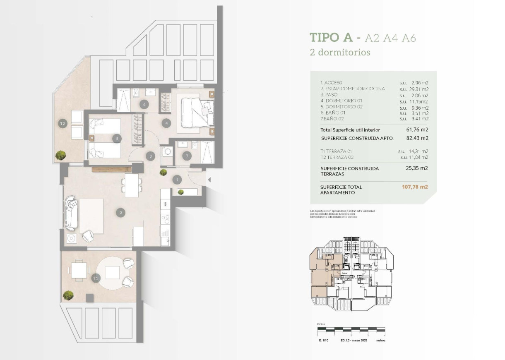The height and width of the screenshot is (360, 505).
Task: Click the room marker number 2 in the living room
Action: click(x=120, y=213)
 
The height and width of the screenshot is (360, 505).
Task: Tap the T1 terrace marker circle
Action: click(x=96, y=278)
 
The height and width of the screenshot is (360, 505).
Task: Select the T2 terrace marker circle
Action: click(x=63, y=123)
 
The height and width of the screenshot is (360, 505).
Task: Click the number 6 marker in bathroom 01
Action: click(x=144, y=104)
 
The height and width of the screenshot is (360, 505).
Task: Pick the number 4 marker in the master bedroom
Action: click(x=166, y=123)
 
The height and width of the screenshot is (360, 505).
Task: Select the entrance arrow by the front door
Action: click(x=209, y=180)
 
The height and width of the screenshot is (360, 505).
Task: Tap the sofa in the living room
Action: click(x=71, y=213)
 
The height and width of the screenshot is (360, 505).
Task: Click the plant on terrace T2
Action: click(x=61, y=155)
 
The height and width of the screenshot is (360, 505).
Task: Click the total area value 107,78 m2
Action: click(x=415, y=187)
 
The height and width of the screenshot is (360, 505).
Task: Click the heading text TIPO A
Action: click(x=331, y=38)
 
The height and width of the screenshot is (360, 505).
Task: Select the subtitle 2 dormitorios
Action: click(x=340, y=53)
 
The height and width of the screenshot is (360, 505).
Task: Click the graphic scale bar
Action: click(x=351, y=330)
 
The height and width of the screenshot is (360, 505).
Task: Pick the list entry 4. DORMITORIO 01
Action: click(x=341, y=101)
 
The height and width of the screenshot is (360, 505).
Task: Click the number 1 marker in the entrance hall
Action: click(x=178, y=180)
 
